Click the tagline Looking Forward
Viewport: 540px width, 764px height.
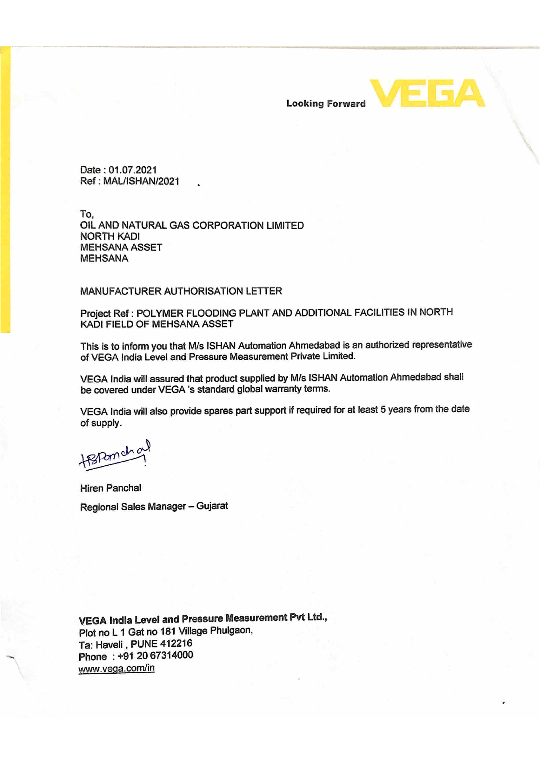click(x=326, y=104)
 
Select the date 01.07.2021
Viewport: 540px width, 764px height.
click(x=132, y=170)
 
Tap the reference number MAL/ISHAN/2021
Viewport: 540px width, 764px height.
click(x=141, y=181)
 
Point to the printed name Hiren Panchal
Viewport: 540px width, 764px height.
click(x=111, y=488)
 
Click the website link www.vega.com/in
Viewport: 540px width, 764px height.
click(x=116, y=668)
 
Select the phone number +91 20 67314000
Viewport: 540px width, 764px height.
click(x=155, y=655)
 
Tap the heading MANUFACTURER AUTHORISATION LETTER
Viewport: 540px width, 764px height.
click(x=181, y=291)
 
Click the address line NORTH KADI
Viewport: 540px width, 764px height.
click(x=110, y=236)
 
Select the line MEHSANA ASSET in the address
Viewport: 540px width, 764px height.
click(x=121, y=247)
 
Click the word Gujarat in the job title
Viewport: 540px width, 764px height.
click(x=212, y=506)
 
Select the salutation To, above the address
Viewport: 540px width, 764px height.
click(x=87, y=214)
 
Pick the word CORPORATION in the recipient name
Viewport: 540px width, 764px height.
click(x=228, y=225)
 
